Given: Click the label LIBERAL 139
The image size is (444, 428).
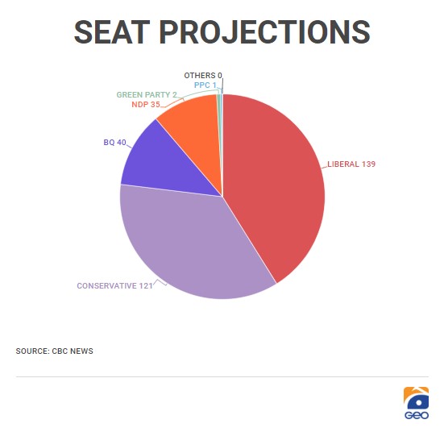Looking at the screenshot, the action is coord(351,164).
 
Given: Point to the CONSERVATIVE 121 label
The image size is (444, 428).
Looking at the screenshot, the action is coord(114,286).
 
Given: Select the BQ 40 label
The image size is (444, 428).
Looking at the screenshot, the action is coord(114,142).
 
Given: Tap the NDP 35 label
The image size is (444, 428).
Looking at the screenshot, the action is coord(146,105).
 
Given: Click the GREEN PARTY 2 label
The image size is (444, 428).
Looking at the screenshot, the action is coord(147,94).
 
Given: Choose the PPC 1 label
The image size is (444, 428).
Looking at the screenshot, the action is coord(205,85).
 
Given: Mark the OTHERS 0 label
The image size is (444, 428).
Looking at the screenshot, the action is coord(203,75).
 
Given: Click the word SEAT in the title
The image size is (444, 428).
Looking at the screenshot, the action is coord(112,32).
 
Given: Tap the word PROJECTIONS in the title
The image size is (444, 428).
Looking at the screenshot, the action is coord(265,32).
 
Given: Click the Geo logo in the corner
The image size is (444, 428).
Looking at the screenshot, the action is coord(416,403).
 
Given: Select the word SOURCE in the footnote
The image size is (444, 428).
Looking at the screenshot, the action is coord(32,351).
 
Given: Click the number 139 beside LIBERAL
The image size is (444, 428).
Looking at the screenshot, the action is coord(368,164).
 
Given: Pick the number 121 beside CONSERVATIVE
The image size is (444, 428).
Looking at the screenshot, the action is coord(146,286).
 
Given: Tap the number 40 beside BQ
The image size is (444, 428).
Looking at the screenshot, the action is coord(122,142).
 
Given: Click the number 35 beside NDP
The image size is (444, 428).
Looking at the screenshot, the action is coord(156,105).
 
